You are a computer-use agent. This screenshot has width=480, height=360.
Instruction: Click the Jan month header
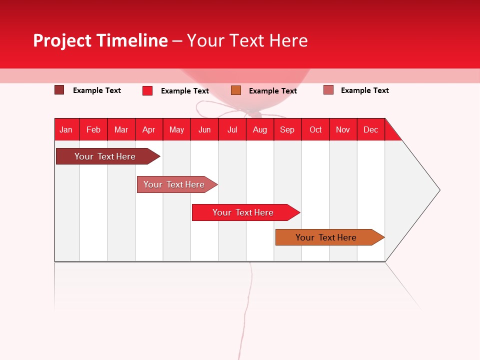click(x=66, y=129)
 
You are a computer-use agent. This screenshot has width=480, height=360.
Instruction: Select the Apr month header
click(x=149, y=129)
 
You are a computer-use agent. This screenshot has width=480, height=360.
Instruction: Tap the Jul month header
click(x=232, y=129)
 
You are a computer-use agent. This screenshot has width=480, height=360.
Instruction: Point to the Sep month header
click(x=287, y=129)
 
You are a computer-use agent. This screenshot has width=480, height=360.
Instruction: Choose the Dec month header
click(x=370, y=129)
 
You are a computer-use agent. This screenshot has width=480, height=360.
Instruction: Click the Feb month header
click(x=93, y=129)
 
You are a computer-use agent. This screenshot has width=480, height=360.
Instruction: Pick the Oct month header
click(x=315, y=129)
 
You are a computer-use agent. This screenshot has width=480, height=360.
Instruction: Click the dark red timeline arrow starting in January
click(x=105, y=156)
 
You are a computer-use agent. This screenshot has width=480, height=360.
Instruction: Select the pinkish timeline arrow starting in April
click(x=174, y=184)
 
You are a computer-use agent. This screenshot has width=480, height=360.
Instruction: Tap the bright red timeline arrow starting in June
click(x=243, y=212)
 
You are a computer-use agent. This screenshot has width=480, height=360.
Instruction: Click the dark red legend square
click(x=59, y=90)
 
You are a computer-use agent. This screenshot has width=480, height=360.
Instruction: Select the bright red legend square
click(x=147, y=90)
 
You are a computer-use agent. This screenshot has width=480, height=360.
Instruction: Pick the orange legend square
click(x=236, y=90)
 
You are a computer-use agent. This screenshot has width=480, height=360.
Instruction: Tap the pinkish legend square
click(x=328, y=90)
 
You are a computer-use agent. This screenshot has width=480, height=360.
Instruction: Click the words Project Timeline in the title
click(x=100, y=40)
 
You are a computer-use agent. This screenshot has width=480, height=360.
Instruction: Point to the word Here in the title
click(x=288, y=40)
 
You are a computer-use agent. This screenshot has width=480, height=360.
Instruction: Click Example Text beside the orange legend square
click(x=273, y=91)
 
